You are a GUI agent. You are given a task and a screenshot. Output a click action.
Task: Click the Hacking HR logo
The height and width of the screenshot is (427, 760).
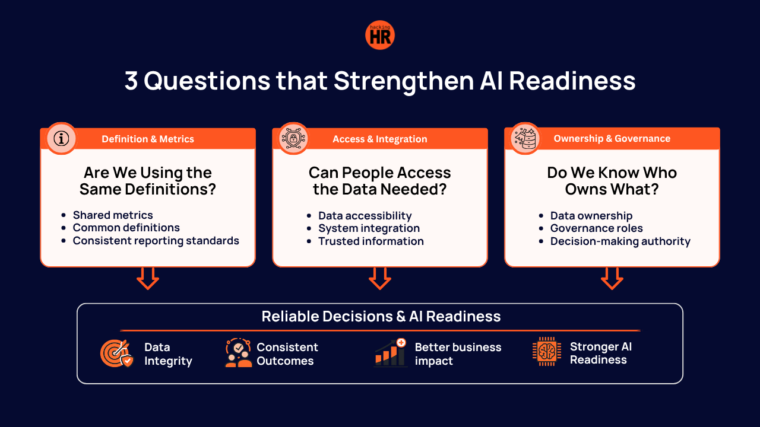[x=379, y=35]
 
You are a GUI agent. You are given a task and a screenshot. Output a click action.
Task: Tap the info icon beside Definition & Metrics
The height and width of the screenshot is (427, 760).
[x=61, y=139]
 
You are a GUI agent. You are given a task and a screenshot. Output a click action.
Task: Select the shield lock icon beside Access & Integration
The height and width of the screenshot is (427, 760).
[x=293, y=138]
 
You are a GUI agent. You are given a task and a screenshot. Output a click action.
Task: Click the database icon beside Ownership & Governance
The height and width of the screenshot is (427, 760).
[x=525, y=138]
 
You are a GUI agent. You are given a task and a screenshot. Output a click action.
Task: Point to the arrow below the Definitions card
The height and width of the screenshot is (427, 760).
[x=148, y=279]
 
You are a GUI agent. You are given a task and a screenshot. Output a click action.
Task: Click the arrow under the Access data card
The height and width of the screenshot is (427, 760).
[x=379, y=279]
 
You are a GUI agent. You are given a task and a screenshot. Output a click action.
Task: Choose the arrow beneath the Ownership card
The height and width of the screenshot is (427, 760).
[x=612, y=279]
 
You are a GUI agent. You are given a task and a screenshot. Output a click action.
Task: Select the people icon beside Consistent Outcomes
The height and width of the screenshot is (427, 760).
[x=239, y=353]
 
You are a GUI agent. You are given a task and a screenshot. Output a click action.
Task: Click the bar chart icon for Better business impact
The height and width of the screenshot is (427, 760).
[x=390, y=352]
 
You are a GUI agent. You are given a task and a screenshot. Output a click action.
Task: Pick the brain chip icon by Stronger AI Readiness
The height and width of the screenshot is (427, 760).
[x=547, y=352]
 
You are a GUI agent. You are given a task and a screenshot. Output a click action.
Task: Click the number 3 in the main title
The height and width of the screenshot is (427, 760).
[x=131, y=81]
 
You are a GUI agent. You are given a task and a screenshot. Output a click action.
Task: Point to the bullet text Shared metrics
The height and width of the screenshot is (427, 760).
[x=113, y=215]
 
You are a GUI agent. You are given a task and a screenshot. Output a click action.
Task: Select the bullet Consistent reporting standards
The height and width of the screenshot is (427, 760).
[x=156, y=241]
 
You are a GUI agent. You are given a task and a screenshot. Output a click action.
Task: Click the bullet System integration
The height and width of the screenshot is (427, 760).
[x=369, y=228]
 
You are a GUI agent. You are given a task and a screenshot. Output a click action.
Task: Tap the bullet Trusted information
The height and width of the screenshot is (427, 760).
[x=371, y=241]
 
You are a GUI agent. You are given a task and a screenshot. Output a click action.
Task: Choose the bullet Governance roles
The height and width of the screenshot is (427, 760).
[x=597, y=228]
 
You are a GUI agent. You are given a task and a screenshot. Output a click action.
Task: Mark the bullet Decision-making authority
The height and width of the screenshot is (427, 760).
[x=620, y=241]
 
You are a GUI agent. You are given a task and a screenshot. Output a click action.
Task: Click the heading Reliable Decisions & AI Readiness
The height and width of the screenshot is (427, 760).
[x=381, y=316]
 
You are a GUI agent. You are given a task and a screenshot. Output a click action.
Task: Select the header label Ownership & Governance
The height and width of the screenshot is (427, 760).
[x=612, y=138]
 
